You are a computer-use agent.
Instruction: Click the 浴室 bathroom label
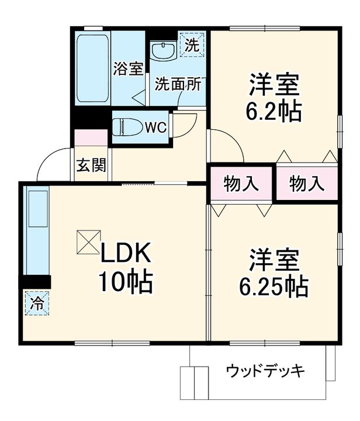(x=129, y=68)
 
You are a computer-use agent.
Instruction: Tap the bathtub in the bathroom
(x=92, y=68)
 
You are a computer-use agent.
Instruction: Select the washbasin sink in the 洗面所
(x=163, y=51)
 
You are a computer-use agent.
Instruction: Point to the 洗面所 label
(x=178, y=84)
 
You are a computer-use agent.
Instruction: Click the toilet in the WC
(x=126, y=126)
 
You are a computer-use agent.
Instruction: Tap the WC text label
(x=156, y=126)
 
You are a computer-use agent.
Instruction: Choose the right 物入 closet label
(x=307, y=184)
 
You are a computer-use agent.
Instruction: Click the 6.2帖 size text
(x=275, y=111)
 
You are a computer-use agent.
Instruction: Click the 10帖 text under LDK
(x=125, y=283)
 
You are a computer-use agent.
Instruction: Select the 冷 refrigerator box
(x=36, y=304)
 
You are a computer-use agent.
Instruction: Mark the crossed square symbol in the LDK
(x=86, y=242)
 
